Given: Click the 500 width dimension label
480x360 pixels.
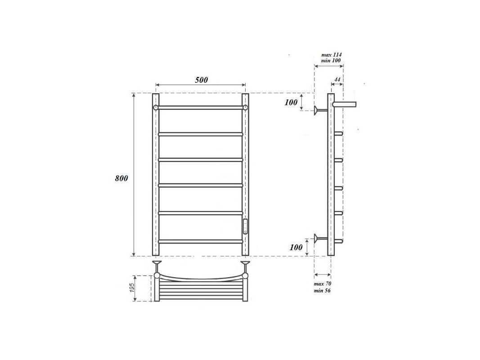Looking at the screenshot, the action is (202, 80).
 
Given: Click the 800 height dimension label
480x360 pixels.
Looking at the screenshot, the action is (121, 178).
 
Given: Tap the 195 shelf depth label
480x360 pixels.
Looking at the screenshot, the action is (132, 288).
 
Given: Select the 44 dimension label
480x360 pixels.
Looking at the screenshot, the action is (337, 80).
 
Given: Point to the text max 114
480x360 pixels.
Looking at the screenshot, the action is (332, 55).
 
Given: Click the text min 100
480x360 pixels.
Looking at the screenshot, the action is (331, 60).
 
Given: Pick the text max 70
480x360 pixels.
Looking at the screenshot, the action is (323, 284).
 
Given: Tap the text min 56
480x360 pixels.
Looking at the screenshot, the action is (323, 290).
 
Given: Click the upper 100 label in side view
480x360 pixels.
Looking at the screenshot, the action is (291, 103).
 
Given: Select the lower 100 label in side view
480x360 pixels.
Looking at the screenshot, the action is (296, 247).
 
